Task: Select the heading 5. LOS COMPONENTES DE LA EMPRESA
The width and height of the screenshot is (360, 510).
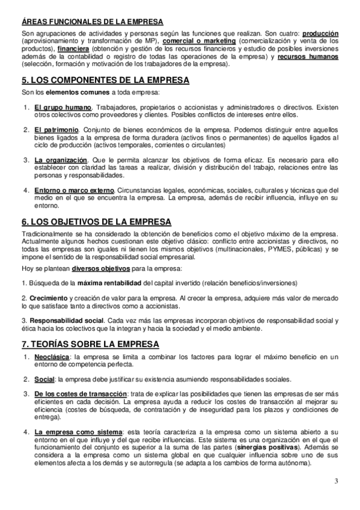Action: coord(105,80)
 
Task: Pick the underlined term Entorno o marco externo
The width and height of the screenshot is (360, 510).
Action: coord(74,190)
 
